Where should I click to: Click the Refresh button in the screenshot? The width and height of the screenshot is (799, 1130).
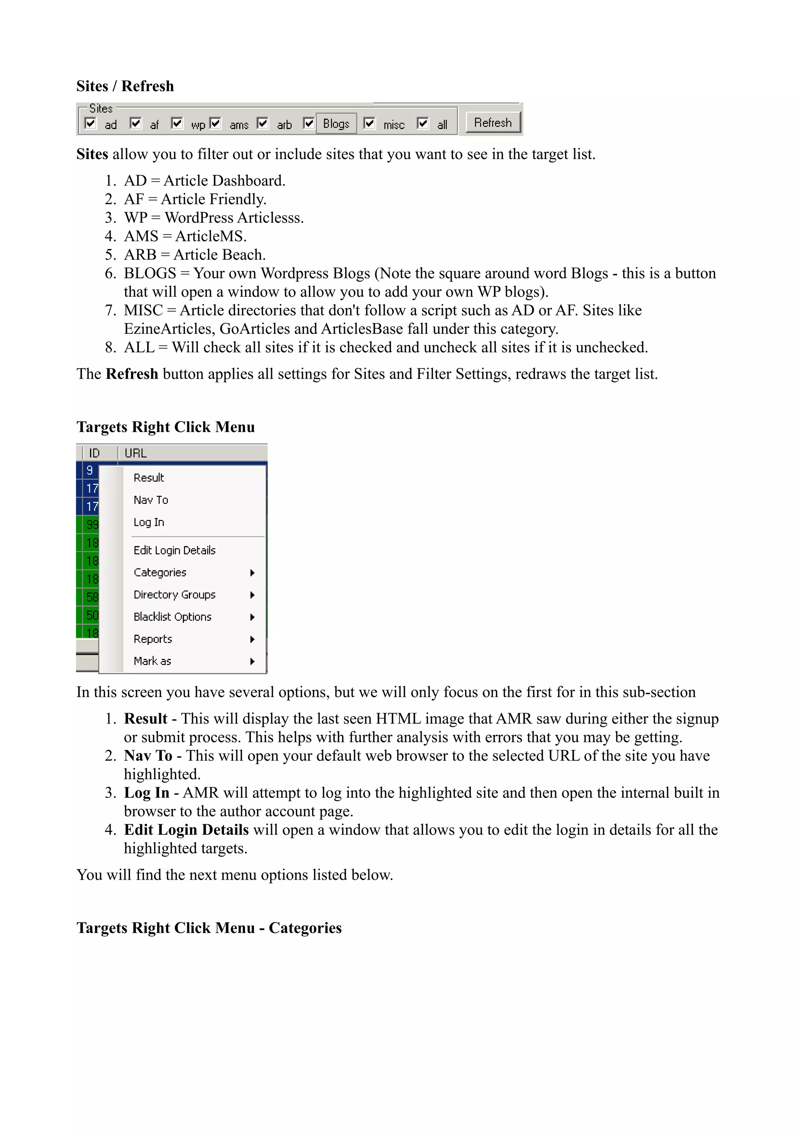[x=493, y=122]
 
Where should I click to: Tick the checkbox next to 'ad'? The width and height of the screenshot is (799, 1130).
[x=91, y=123]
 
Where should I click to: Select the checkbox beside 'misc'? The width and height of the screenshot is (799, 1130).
[x=369, y=123]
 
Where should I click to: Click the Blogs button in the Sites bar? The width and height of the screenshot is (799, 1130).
[x=336, y=124]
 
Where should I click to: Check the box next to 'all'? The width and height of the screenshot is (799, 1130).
[x=423, y=123]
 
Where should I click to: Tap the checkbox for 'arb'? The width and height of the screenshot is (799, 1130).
[x=263, y=123]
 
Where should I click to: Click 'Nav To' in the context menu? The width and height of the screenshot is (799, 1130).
[x=151, y=500]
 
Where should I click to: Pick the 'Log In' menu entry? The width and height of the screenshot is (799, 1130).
[x=149, y=522]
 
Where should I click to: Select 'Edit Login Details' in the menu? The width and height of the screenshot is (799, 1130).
[x=174, y=550]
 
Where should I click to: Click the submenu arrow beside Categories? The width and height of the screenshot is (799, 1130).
[x=252, y=573]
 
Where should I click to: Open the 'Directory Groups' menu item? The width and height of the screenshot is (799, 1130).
[x=174, y=595]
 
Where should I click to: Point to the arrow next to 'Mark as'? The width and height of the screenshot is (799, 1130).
[x=252, y=661]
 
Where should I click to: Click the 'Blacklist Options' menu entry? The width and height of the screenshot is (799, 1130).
[x=172, y=617]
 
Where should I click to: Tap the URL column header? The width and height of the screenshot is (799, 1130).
[x=136, y=453]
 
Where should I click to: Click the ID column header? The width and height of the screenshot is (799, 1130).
[x=94, y=453]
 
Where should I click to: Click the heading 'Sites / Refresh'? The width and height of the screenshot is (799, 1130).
[x=125, y=86]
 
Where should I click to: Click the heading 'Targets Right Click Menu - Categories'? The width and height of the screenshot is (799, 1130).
[x=209, y=928]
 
